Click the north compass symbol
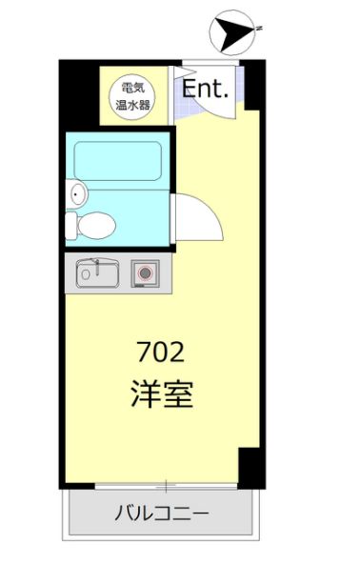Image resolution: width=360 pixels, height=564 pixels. point(232,32)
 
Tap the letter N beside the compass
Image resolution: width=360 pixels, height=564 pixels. point(257,30)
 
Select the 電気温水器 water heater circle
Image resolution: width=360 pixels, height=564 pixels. point(131,96)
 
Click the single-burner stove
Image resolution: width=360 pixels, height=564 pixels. point(146,272)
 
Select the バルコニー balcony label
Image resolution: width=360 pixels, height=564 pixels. point(162,514)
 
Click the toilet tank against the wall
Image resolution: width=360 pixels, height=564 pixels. point(71,227)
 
